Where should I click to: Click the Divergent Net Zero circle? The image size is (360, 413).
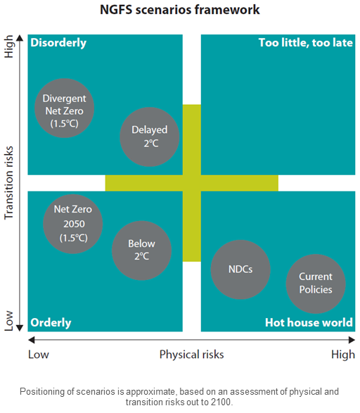65,108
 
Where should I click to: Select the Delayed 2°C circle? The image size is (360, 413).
150,136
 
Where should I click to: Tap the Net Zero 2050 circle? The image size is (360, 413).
73,224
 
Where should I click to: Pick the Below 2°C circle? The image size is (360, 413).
141,250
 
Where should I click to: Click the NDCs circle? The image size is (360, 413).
240,269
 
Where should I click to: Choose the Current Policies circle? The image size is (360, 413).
316,284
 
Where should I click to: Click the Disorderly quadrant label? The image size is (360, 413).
58,43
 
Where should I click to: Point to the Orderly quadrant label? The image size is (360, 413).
51,323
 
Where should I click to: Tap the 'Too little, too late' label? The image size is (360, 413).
306,43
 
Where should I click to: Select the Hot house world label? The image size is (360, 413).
309,322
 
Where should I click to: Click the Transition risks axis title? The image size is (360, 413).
8,183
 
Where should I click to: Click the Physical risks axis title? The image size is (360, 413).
191,355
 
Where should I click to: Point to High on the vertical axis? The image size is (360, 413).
8,46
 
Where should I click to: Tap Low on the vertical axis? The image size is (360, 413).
8,321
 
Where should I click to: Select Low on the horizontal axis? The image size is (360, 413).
39,355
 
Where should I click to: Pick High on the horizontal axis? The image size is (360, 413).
343,355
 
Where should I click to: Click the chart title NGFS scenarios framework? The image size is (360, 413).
180,10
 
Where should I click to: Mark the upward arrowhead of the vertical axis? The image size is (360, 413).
20,38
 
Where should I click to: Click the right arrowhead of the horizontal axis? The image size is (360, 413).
352,340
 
